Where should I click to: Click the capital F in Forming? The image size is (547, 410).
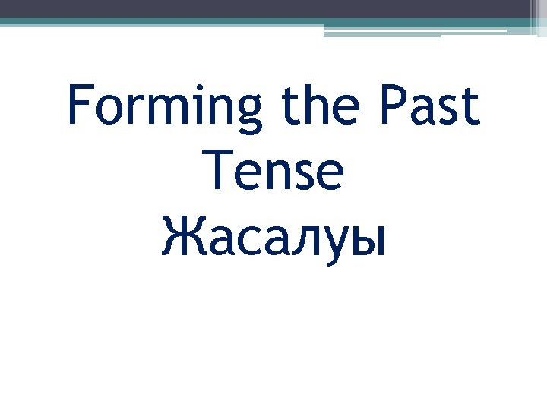tap(81, 106)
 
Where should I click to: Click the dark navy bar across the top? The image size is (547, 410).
tap(266, 8)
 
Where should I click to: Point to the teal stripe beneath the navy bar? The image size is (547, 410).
tap(228, 22)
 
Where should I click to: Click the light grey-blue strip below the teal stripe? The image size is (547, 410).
tap(380, 32)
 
